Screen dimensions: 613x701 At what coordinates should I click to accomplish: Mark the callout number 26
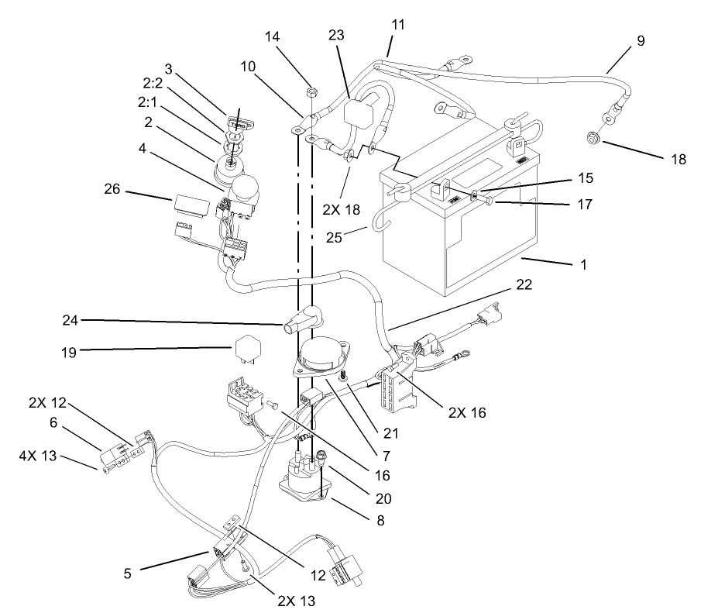coord(114,189)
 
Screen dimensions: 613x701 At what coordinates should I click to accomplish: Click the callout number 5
coord(128,574)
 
